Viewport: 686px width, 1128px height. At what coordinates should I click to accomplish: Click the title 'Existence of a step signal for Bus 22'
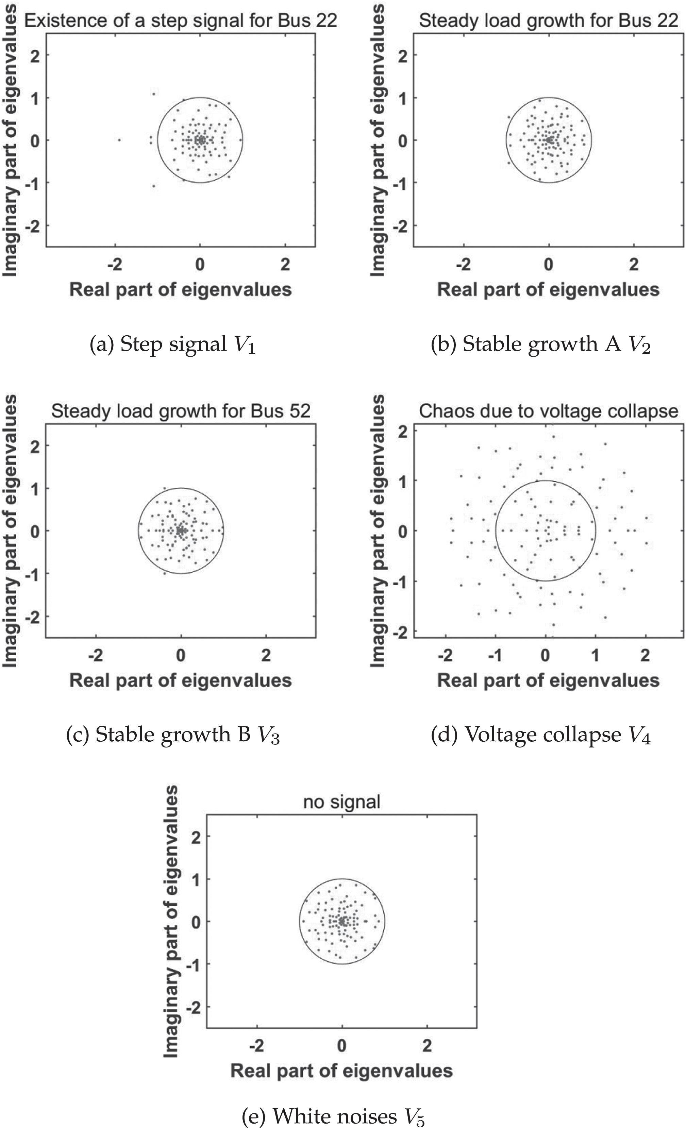click(x=181, y=21)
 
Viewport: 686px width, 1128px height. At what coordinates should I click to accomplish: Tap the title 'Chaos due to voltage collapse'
click(x=548, y=411)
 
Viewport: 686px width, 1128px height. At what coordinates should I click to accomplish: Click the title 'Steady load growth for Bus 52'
click(x=181, y=411)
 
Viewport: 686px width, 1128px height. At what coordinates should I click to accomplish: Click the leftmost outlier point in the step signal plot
click(x=119, y=140)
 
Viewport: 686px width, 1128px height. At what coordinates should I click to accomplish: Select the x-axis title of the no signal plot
click(x=341, y=1071)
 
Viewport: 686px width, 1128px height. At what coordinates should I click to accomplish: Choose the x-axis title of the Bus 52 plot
click(x=181, y=680)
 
